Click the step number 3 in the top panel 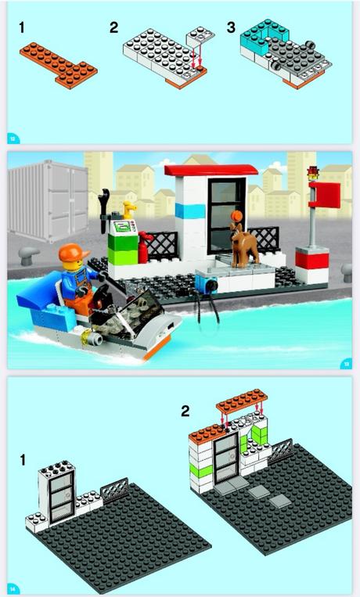[231, 27]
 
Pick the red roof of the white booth [211, 171]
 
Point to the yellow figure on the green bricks [131, 209]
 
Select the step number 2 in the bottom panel [185, 410]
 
